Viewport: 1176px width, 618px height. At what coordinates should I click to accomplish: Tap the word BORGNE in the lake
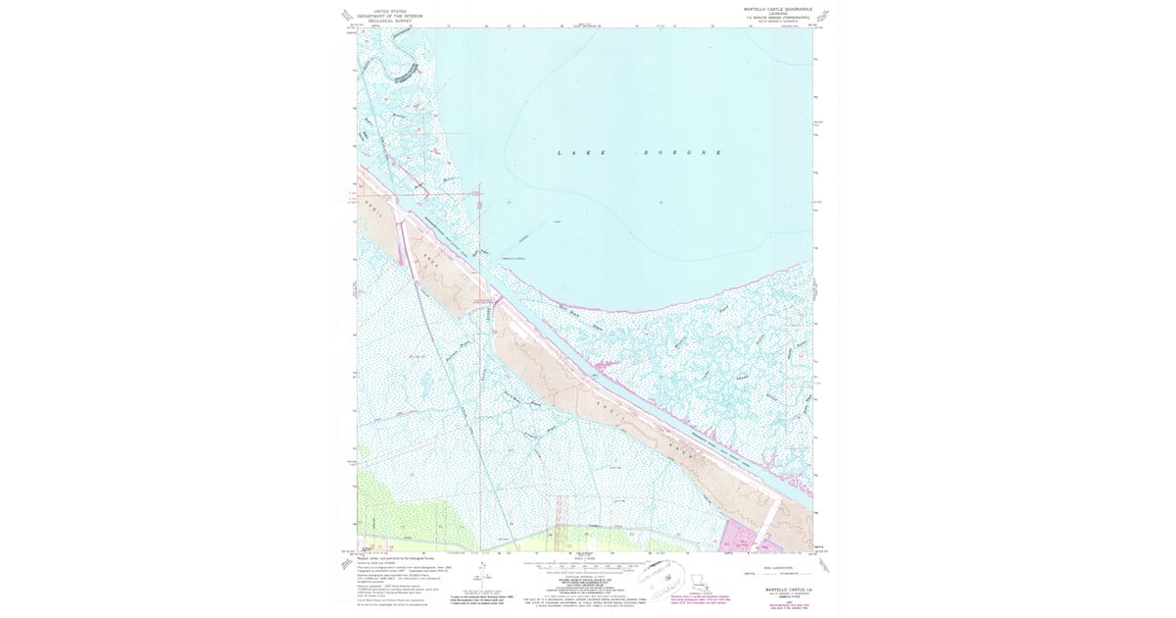click(x=682, y=153)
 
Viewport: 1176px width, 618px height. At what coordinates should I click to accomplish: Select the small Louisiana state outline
click(x=705, y=579)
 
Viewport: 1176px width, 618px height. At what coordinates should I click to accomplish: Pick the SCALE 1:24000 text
click(x=585, y=558)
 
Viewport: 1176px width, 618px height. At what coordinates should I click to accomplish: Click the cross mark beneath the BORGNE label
click(x=661, y=202)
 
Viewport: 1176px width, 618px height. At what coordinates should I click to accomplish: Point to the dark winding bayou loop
click(x=403, y=72)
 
